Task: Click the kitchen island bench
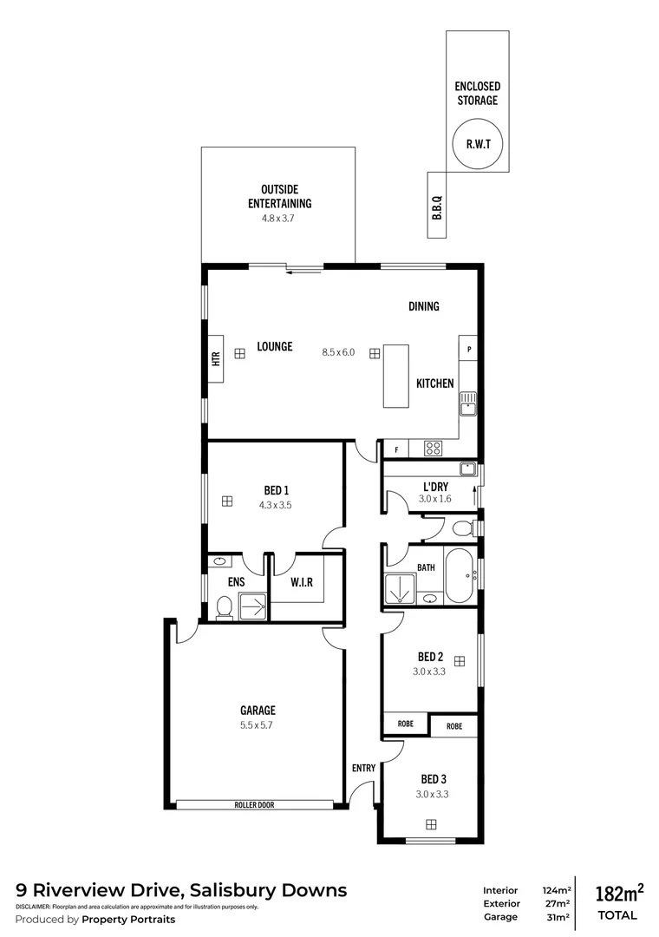[x=395, y=376]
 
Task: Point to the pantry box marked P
[x=468, y=349]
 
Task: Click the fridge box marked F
[x=396, y=449]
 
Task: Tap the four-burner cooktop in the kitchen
[x=433, y=449]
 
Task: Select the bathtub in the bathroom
[x=460, y=574]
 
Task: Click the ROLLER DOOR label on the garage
[x=254, y=805]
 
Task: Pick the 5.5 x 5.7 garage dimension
[x=258, y=725]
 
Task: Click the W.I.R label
[x=302, y=582]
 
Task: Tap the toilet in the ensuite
[x=223, y=607]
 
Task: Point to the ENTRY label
[x=363, y=768]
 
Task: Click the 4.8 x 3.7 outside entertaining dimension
[x=279, y=219]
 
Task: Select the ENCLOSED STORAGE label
[x=477, y=94]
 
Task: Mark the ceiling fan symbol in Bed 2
[x=459, y=661]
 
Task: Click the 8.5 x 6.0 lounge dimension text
[x=338, y=352]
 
